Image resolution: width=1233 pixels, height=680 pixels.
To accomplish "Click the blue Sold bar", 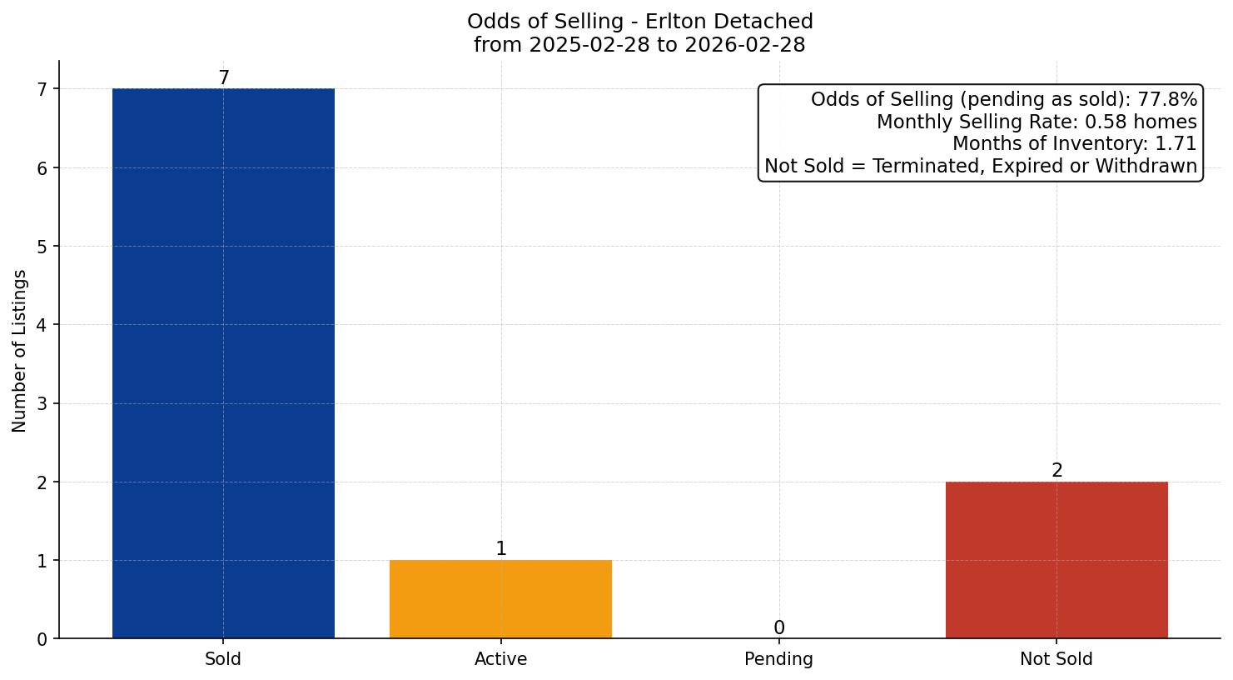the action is click(x=223, y=363).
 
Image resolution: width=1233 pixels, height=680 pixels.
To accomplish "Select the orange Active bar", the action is click(x=500, y=599).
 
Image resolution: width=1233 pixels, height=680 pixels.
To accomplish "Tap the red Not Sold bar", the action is click(x=1056, y=560).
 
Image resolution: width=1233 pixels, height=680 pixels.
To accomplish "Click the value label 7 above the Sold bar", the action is click(x=223, y=77).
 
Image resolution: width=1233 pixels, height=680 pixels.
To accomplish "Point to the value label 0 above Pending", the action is click(x=778, y=627).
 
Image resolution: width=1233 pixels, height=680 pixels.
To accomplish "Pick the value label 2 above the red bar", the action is click(x=1057, y=470).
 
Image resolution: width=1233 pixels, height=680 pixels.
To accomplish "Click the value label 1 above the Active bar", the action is click(x=500, y=548).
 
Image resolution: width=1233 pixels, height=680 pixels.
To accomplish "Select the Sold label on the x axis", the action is click(x=223, y=659).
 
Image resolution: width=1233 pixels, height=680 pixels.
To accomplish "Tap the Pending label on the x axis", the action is click(x=778, y=659).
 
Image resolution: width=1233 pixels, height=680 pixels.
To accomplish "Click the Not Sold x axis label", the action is click(x=1056, y=659).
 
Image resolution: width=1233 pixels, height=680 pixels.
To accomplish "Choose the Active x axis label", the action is click(x=500, y=659).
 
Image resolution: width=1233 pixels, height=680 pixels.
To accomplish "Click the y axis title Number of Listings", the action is click(x=20, y=350).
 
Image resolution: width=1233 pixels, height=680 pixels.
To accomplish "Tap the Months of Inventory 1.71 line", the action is click(x=1074, y=144).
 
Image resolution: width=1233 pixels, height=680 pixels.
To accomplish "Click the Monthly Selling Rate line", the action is click(x=1037, y=122).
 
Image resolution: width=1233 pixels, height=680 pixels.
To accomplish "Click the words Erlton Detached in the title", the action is click(x=729, y=22).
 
